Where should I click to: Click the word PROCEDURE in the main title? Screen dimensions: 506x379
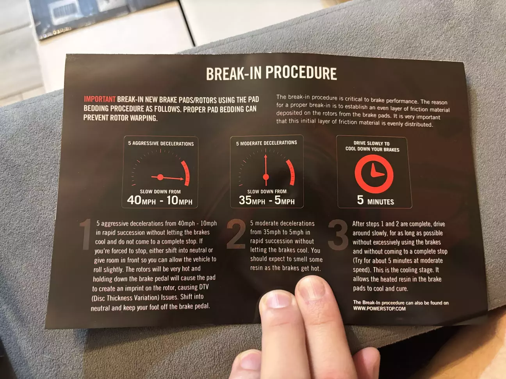301,74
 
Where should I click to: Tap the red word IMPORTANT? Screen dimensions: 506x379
100,99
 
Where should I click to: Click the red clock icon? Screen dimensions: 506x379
374,174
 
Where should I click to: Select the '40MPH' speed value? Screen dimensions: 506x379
141,200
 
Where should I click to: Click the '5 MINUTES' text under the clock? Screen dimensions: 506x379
375,200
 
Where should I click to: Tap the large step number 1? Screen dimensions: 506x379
86,234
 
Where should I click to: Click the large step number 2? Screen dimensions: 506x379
236,234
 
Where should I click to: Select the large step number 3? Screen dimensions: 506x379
338,234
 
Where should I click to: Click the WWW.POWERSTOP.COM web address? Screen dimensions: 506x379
379,308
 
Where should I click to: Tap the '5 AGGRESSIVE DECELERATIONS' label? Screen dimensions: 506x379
161,143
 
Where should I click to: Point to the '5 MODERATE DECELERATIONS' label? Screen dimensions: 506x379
267,143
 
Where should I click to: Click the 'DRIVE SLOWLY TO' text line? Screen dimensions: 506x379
372,143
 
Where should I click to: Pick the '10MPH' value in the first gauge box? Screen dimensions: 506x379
179,200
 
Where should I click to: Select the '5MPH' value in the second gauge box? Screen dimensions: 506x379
285,200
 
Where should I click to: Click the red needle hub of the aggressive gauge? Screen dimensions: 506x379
160,177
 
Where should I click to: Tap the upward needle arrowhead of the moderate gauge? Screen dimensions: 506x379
265,156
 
